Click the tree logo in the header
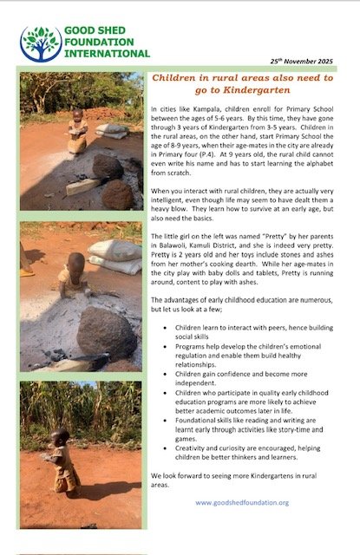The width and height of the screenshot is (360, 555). coord(39,43)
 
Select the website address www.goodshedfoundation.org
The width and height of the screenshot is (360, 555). coord(242,502)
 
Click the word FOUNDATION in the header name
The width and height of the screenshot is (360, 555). coord(99,41)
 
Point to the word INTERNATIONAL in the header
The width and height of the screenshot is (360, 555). coord(107,52)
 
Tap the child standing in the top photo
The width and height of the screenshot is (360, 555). coord(78,130)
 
